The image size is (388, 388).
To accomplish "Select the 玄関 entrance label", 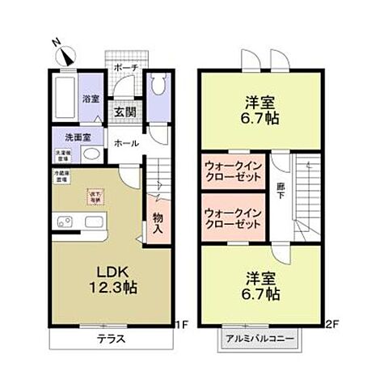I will [124, 112].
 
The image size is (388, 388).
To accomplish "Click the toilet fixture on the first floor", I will [157, 86].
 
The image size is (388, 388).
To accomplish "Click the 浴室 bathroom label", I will [91, 99].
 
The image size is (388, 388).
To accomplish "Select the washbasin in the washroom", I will [92, 155].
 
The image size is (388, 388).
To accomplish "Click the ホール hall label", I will [124, 143].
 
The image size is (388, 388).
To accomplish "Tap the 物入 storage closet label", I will [158, 222].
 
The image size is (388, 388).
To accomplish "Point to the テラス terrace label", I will [112, 339].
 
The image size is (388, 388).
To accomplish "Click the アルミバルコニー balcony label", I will [260, 339].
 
